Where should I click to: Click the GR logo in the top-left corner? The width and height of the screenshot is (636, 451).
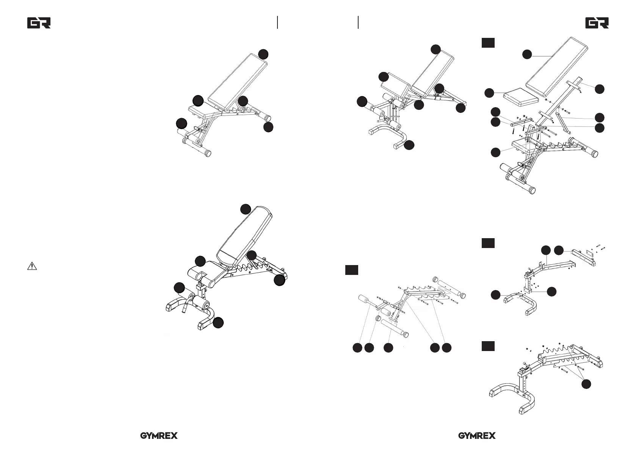[x=39, y=23]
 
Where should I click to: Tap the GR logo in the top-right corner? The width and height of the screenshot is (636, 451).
[x=597, y=23]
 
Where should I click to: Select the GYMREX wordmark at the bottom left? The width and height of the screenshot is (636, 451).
[x=159, y=436]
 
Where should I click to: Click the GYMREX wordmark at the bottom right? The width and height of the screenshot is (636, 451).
[x=477, y=436]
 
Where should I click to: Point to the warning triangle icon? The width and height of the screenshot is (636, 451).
[x=32, y=266]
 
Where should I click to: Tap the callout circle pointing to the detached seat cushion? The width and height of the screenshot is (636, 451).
[x=489, y=92]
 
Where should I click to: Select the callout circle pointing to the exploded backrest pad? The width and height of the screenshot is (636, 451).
[x=526, y=55]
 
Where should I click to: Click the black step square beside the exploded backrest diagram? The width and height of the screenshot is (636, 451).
[x=488, y=43]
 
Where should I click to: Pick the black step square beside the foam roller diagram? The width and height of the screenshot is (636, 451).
[x=351, y=270]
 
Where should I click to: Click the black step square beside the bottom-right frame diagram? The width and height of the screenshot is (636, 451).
[x=488, y=346]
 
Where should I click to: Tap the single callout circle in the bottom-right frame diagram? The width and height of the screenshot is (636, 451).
[x=586, y=384]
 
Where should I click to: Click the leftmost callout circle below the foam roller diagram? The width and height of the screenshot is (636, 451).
[x=357, y=348]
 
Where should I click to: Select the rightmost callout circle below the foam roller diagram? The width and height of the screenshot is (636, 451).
[x=447, y=348]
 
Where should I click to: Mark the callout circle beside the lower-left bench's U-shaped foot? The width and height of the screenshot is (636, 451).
[x=218, y=323]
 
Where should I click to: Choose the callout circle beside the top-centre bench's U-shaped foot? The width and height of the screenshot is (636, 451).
[x=409, y=145]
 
